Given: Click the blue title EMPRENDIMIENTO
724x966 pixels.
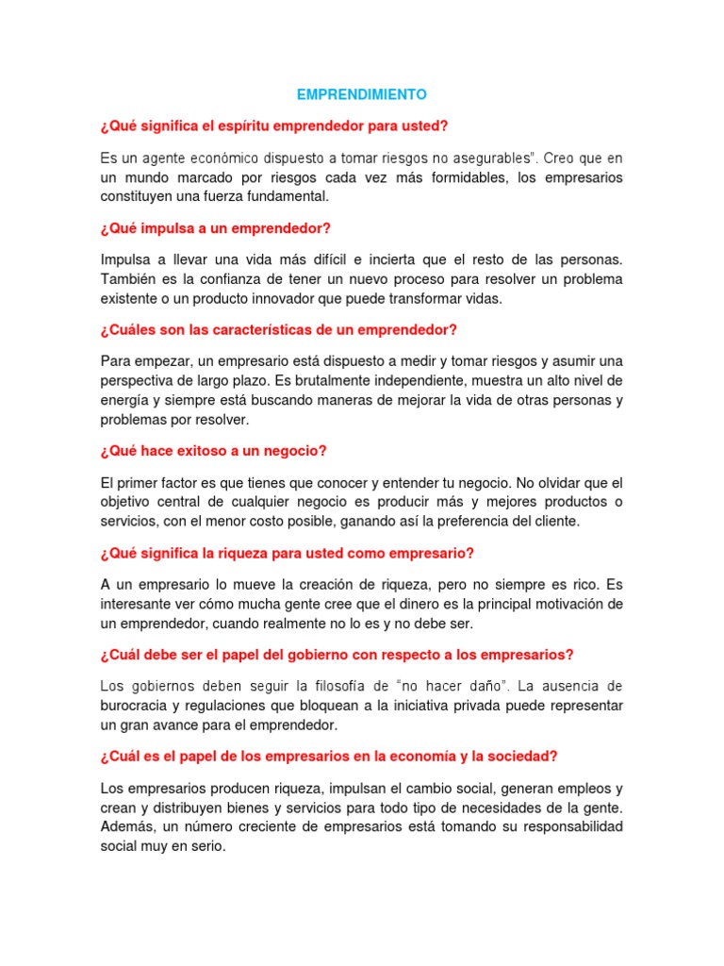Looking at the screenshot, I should [361, 94].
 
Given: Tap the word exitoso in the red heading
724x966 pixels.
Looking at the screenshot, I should [206, 451].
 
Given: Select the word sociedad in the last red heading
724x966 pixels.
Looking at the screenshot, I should [520, 756].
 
